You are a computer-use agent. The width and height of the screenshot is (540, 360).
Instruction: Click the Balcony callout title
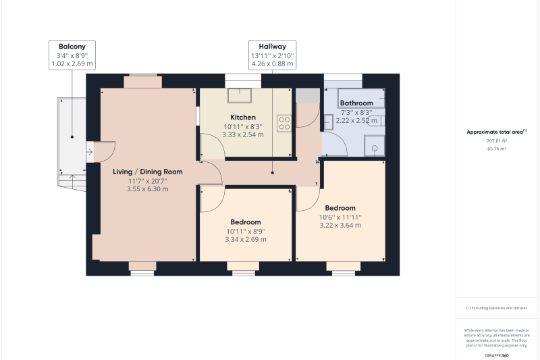[x=72, y=47]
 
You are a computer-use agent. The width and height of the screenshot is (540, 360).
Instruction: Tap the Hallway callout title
[x=273, y=47]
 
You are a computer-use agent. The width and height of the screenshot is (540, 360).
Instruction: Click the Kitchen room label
[x=243, y=118]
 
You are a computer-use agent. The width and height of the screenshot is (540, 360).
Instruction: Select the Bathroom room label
[x=356, y=103]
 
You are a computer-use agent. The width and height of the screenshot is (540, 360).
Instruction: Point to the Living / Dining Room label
[x=148, y=172]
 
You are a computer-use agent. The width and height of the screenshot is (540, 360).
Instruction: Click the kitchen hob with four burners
[x=284, y=124]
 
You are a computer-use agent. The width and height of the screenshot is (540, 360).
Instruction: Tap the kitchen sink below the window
[x=240, y=95]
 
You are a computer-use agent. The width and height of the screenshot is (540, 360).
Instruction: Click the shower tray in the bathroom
[x=375, y=146]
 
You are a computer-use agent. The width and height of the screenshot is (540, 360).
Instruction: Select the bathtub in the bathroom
[x=361, y=98]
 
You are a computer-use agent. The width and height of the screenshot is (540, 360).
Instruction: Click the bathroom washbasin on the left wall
[x=328, y=122]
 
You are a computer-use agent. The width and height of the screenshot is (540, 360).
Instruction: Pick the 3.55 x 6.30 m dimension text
[x=148, y=189]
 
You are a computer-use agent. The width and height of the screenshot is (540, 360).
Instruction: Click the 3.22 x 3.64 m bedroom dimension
[x=340, y=226]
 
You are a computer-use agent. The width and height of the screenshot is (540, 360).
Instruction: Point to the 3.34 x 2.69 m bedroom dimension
[x=246, y=239]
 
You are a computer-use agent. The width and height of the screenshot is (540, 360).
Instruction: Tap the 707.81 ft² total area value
[x=497, y=141]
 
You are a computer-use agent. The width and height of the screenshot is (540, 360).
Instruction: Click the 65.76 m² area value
[x=497, y=149]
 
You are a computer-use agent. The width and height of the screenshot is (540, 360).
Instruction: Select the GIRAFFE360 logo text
[x=497, y=355]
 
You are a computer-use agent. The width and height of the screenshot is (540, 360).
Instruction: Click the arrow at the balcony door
[x=90, y=151]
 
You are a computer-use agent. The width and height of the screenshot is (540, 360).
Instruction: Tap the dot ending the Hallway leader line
[x=273, y=173]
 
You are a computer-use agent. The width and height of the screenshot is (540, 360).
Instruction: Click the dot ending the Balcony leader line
[x=72, y=137]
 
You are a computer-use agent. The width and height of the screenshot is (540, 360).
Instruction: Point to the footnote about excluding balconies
[x=497, y=308]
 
